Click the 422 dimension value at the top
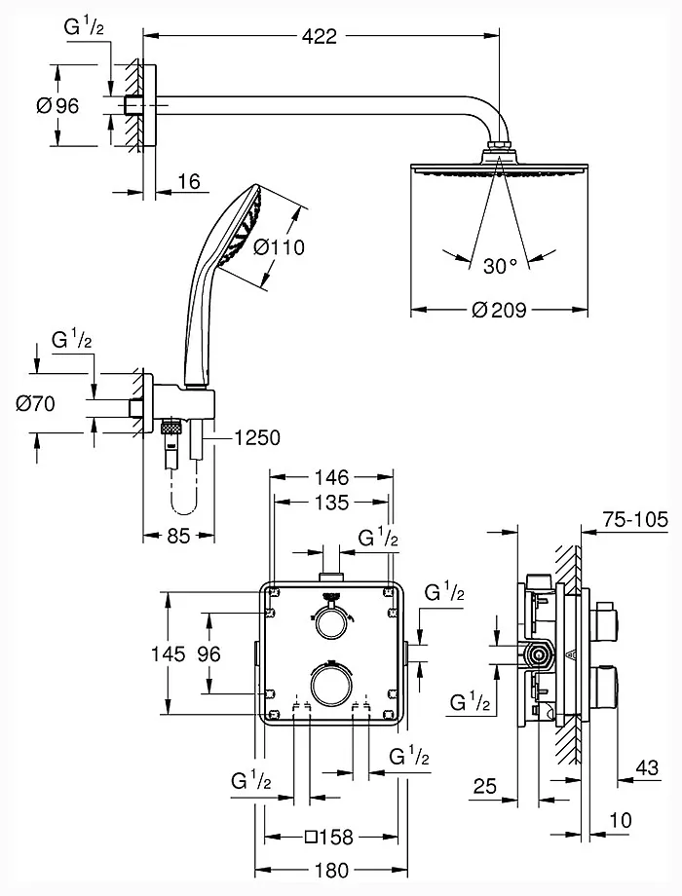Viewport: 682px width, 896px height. pos(319,37)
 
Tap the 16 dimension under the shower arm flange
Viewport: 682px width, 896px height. pos(189,183)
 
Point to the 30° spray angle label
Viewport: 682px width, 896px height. pos(501,264)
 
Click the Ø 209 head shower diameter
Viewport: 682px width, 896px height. pos(499,312)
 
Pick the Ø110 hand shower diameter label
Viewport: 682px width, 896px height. pos(279,247)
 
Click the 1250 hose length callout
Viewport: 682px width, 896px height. pos(257,438)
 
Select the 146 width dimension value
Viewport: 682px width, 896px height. pos(331,478)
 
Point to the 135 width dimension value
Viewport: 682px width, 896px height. pos(331,504)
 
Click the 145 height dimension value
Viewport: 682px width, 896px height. pos(168,654)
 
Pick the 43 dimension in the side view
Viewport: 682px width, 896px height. pos(646,768)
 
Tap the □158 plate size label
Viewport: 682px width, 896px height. pos(328,837)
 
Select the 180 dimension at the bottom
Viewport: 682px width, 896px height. pos(331,871)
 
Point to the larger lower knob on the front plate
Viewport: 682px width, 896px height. pos(331,682)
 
